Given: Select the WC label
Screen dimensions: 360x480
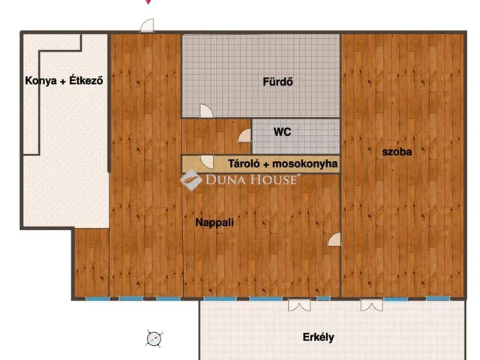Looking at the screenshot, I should pos(282,132).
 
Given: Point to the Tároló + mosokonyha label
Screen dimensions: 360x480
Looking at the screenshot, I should pos(283,163).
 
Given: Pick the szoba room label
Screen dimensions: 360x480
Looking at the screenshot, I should pos(397,151).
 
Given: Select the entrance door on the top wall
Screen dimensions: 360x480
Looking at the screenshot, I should pos(147,26).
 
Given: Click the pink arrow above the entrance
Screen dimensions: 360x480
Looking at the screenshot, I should pos(148,2).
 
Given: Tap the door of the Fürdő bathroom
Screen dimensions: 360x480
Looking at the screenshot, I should pos(205,112).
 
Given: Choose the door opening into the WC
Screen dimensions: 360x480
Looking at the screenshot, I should pos(244,136).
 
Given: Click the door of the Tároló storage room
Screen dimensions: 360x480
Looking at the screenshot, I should pos(205,160).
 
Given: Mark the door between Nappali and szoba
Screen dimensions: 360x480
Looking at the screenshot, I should pos(334,239).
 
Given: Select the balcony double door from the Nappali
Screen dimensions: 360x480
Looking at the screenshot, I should pos(298,304).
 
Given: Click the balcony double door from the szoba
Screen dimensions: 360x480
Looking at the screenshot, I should pos(370,304).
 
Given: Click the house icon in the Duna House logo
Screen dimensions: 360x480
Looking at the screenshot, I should pos(190,179).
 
